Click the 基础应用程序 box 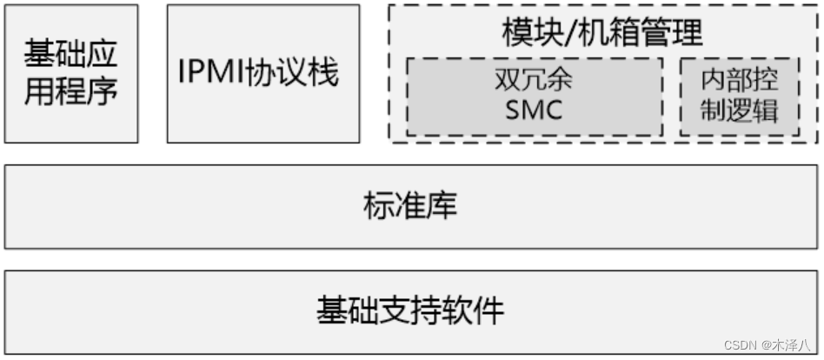pos(71,73)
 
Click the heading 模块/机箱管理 pos(602,33)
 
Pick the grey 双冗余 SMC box pos(534,97)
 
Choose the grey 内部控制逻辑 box pos(740,97)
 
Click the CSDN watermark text pos(739,345)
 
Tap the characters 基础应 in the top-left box pos(71,56)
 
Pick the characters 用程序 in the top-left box pos(71,90)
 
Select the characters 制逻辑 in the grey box pos(740,111)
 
